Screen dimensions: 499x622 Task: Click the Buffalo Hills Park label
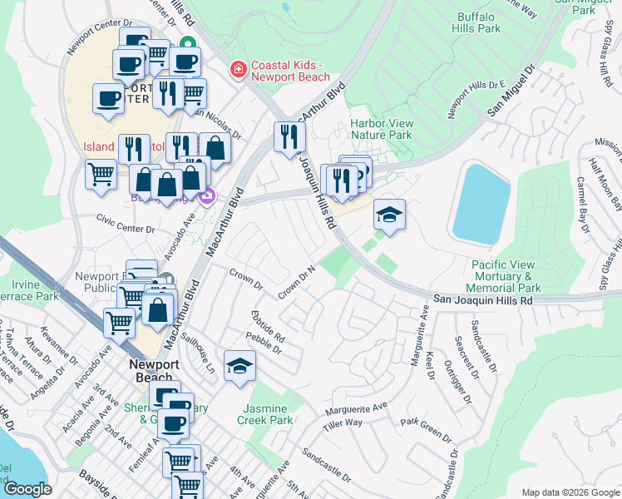point(479,22)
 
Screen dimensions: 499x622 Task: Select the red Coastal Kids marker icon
point(239,68)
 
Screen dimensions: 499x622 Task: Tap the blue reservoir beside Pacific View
point(480,201)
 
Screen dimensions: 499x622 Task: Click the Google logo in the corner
point(27,489)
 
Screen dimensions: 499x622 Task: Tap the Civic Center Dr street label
point(126,224)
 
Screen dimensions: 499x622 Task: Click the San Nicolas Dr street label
point(218,122)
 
